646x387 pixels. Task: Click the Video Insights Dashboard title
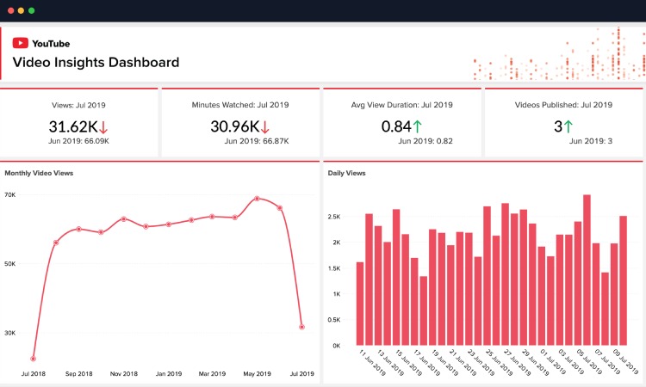tap(96, 62)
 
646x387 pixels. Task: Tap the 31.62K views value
tap(73, 126)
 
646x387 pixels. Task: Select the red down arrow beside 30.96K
tap(265, 126)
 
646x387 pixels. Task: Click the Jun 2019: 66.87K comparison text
tap(239, 141)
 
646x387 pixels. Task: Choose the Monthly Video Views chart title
tap(39, 173)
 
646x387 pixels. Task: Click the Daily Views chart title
tap(346, 173)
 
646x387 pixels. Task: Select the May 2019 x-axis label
tap(257, 374)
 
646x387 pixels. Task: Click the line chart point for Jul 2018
tap(33, 359)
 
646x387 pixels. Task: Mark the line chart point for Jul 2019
tap(301, 327)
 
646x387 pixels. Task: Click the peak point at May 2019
tap(257, 199)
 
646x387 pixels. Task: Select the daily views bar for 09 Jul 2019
tap(623, 280)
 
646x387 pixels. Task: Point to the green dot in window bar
tap(32, 10)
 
